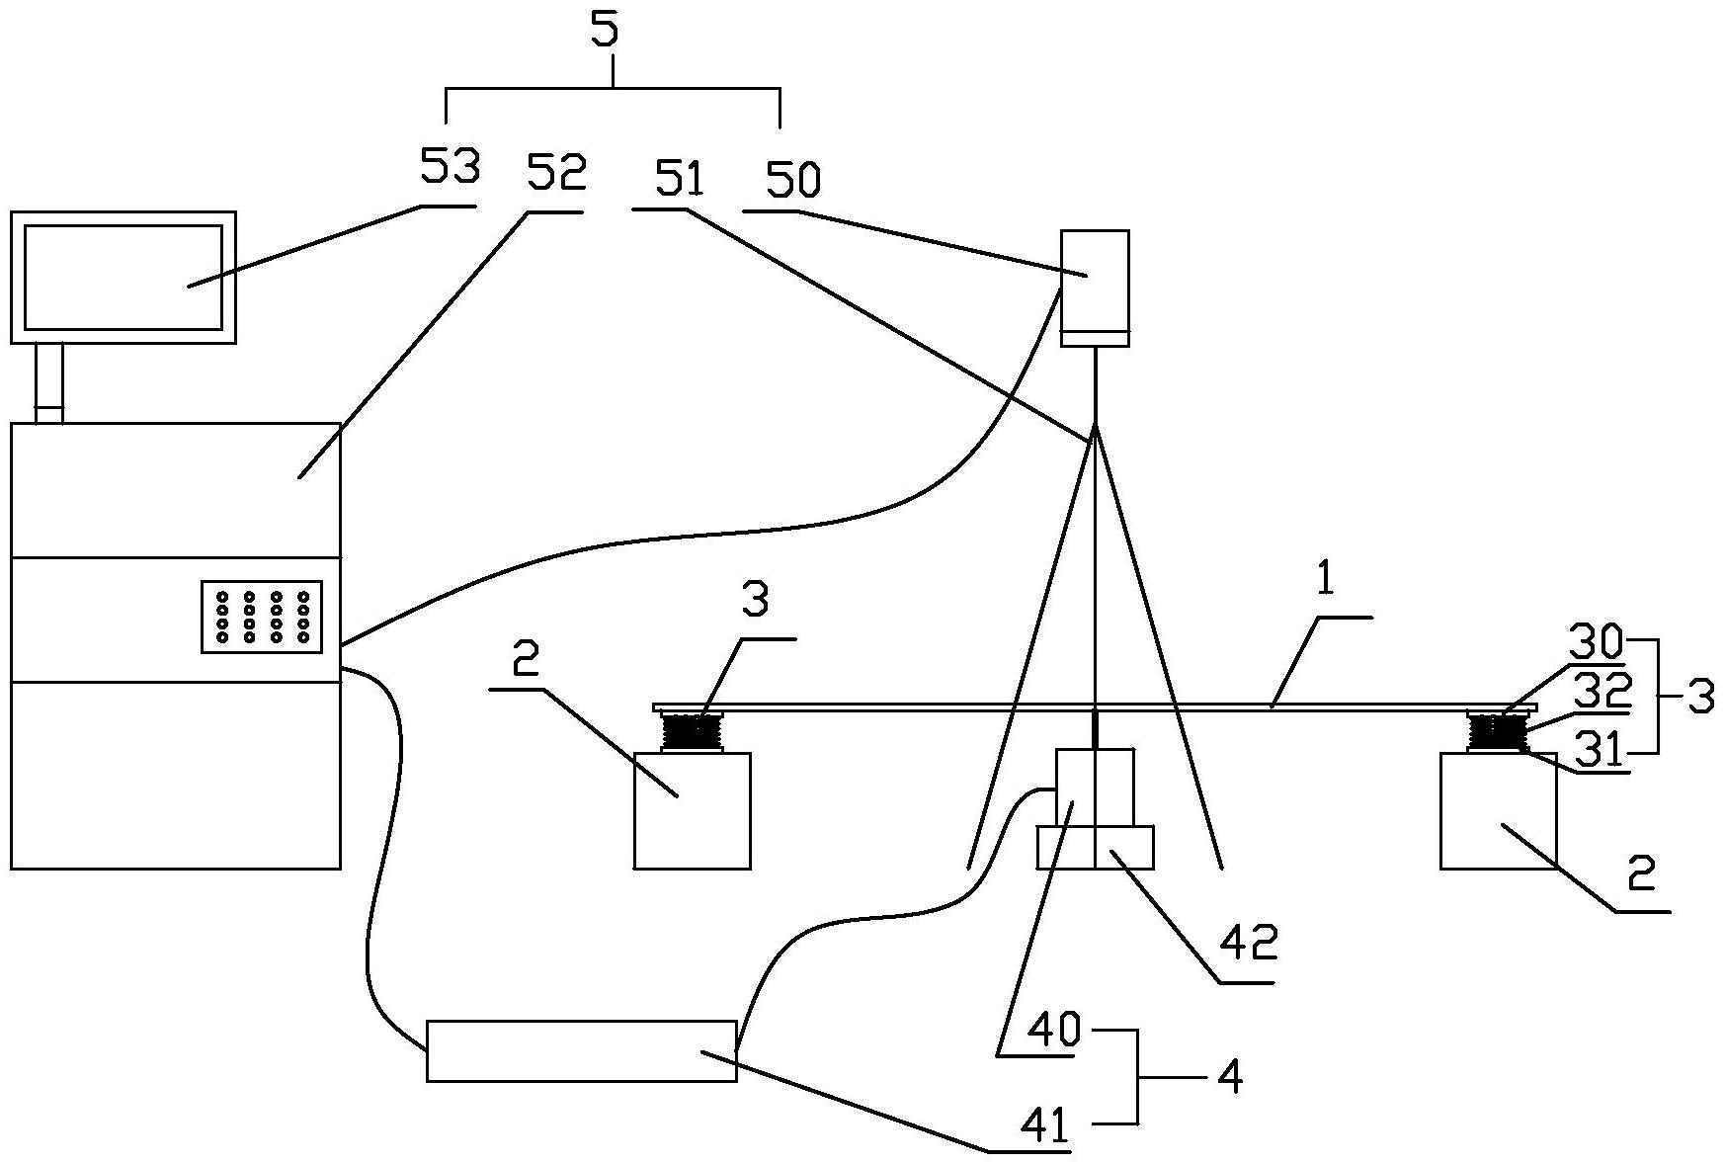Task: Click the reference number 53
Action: click(450, 167)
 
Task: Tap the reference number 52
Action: click(556, 172)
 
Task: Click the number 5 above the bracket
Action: click(605, 30)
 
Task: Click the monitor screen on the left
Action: click(123, 277)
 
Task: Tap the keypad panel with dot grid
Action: click(262, 617)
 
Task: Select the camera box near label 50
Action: click(1095, 290)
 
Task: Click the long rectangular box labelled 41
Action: click(581, 1050)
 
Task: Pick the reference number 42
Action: click(1249, 944)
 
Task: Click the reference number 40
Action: click(1056, 1031)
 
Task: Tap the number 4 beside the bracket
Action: click(1229, 1077)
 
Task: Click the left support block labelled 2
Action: click(692, 811)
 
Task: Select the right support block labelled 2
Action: click(1498, 811)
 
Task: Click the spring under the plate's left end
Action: click(693, 732)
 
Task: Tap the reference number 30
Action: click(1595, 645)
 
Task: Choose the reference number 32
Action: click(1601, 689)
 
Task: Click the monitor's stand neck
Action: click(49, 383)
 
